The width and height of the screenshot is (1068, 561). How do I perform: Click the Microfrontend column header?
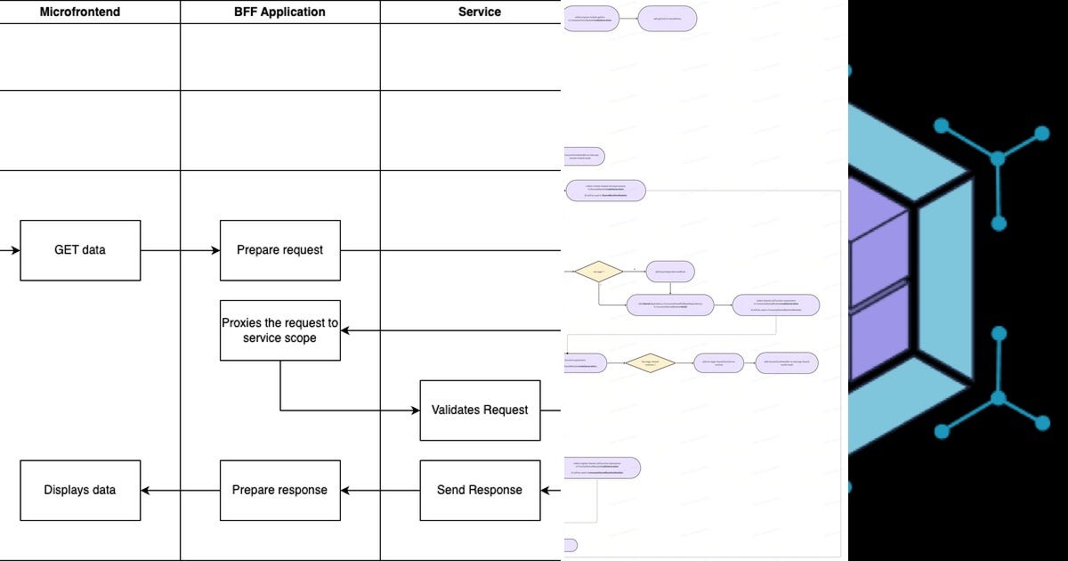[x=80, y=12]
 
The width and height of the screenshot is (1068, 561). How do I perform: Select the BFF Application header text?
[x=280, y=12]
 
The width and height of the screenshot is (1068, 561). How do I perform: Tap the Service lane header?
[x=480, y=12]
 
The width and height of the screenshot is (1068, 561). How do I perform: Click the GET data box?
[x=80, y=250]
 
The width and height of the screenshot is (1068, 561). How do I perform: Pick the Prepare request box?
[x=280, y=250]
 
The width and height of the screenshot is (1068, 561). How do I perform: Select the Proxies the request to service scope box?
[x=280, y=330]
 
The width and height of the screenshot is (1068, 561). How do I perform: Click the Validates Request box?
[x=480, y=410]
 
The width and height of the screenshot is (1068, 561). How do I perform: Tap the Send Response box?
[x=480, y=490]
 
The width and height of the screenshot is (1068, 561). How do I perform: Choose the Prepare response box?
[x=280, y=490]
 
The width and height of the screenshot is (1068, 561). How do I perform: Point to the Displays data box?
[x=80, y=490]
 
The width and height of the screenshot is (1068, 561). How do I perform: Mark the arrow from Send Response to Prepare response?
[x=380, y=490]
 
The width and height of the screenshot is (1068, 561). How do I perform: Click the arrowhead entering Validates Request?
[x=415, y=410]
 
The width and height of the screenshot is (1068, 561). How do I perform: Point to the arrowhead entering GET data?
[x=15, y=250]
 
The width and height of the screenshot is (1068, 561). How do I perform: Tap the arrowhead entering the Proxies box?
[x=345, y=330]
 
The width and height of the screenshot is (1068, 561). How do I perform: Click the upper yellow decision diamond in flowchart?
[x=598, y=272]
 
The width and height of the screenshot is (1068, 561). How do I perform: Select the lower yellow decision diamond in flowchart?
[x=650, y=362]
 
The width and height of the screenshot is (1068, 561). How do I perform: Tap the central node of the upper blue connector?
[x=998, y=159]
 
